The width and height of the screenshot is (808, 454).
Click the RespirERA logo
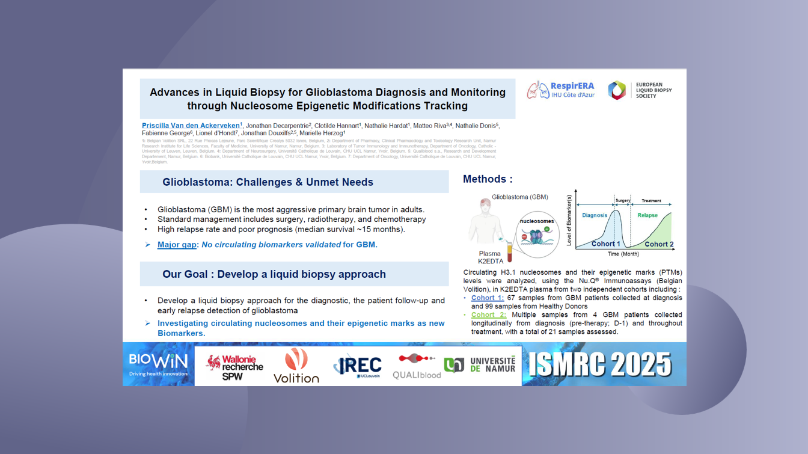tap(560, 90)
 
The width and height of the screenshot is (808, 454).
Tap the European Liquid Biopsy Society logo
tap(640, 90)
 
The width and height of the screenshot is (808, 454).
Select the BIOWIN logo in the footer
tap(158, 364)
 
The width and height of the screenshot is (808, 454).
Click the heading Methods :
tap(487, 179)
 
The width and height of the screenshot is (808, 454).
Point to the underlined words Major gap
tap(177, 245)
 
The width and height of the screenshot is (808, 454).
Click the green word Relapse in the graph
tap(647, 215)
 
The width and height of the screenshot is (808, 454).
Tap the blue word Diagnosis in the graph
tap(595, 215)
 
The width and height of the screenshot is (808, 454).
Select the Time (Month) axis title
tap(623, 254)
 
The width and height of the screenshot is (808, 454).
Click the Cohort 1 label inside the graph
tap(605, 244)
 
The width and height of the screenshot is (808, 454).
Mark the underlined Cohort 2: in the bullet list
tap(489, 314)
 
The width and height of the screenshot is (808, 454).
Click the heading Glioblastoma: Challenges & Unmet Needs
tap(268, 182)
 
